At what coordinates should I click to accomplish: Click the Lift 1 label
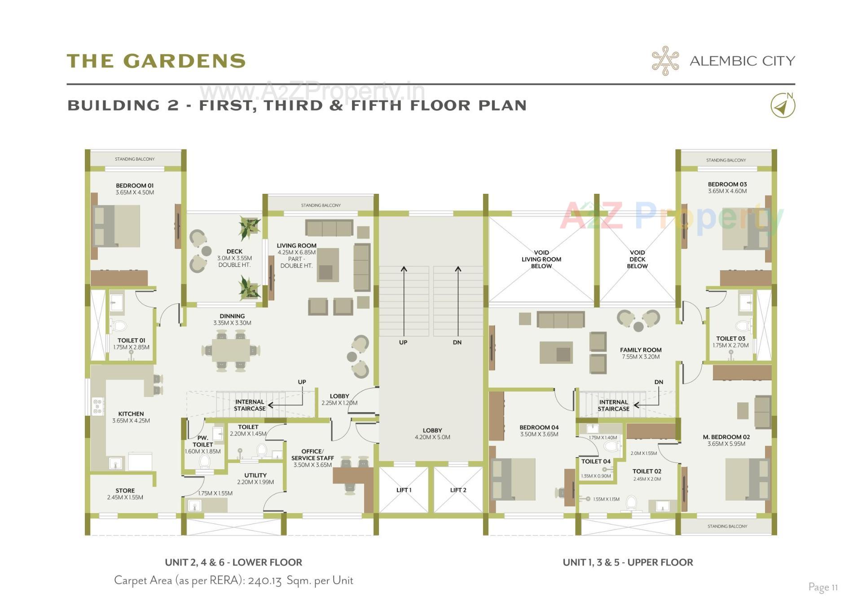point(404,490)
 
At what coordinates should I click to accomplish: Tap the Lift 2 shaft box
point(458,490)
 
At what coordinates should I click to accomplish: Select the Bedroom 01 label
point(135,185)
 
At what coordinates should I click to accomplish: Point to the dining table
point(231,350)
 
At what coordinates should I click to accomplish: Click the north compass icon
point(783,106)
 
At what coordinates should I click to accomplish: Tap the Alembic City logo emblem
point(665,61)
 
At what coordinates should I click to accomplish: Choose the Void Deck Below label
point(637,259)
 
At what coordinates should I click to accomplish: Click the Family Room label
point(641,350)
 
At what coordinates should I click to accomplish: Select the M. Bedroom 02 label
point(726,437)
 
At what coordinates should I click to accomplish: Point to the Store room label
point(125,490)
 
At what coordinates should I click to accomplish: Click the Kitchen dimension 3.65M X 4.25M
point(131,421)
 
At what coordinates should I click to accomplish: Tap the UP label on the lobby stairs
point(403,342)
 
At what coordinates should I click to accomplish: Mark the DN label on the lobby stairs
point(457,342)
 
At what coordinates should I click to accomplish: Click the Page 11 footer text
point(823,587)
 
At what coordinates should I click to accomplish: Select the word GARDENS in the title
point(185,61)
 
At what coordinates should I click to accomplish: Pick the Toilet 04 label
point(596,461)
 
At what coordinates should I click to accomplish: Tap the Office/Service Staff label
point(312,454)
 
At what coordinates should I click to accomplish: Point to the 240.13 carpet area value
point(264,580)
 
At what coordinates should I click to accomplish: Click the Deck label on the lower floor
point(234,252)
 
